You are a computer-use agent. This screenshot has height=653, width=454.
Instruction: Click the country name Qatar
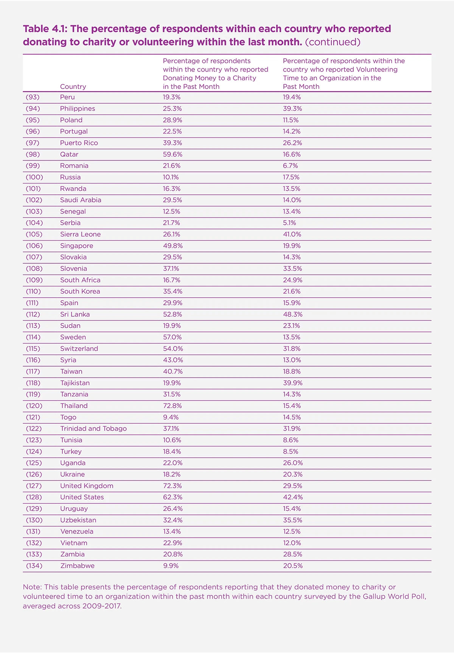69,154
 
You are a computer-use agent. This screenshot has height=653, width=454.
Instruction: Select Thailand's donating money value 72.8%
172,406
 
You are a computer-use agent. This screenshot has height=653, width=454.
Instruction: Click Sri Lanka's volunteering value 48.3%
292,314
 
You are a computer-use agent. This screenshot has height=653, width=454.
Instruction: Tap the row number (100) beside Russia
34,177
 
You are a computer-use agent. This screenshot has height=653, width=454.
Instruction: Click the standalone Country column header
73,87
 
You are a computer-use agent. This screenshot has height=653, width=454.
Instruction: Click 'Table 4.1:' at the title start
45,29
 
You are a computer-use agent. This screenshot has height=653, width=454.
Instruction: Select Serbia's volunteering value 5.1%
289,223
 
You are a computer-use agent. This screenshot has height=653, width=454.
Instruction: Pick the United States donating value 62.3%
172,497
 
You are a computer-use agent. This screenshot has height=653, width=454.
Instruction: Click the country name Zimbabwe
77,566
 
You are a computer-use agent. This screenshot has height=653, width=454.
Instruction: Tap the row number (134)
34,566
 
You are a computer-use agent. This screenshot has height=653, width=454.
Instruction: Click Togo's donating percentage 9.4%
171,417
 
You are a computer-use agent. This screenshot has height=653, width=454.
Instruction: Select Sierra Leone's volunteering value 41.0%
292,234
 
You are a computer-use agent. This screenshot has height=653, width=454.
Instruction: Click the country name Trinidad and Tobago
93,429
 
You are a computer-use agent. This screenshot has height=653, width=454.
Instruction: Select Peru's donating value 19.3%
172,97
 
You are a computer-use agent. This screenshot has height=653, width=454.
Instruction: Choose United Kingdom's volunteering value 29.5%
292,486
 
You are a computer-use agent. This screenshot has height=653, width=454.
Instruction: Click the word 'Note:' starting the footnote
33,587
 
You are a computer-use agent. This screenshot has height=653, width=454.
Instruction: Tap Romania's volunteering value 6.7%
290,166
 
